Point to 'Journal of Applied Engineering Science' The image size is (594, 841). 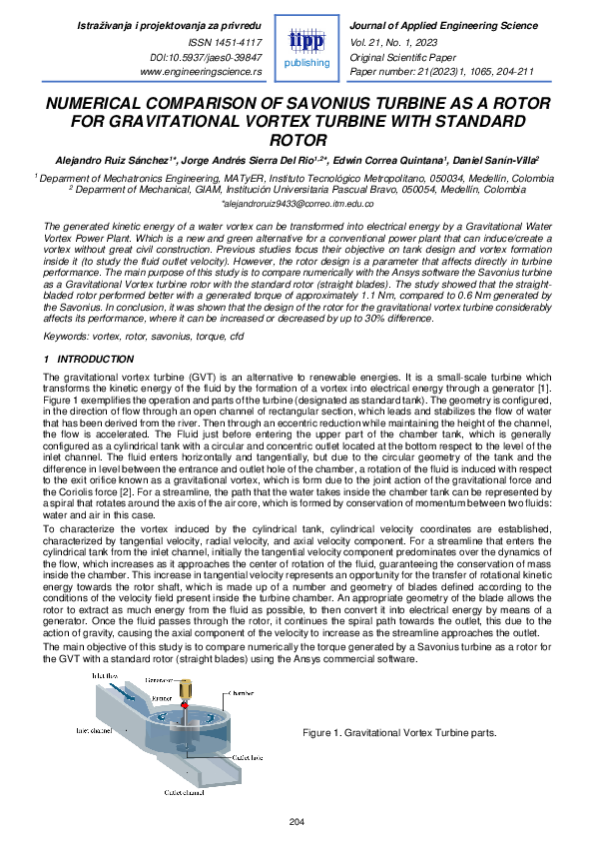(436, 22)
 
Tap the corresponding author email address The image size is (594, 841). (297, 202)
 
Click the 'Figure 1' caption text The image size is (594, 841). (399, 732)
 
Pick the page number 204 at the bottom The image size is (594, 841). (297, 821)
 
